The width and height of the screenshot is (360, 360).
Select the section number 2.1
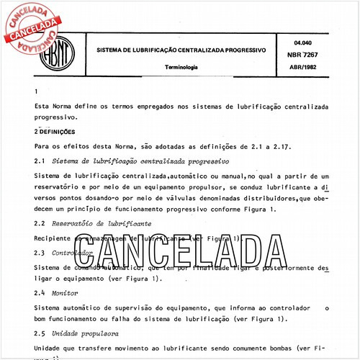click(x=40, y=161)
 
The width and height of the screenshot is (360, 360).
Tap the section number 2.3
click(x=40, y=253)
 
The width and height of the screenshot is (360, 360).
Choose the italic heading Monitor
click(x=66, y=293)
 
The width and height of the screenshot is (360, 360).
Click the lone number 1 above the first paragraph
click(x=36, y=91)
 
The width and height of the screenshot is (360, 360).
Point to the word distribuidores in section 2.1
click(x=258, y=197)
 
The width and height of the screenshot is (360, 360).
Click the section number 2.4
click(x=40, y=293)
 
